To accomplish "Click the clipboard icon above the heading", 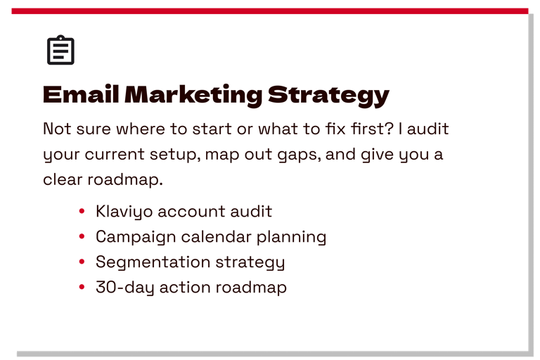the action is point(60,50).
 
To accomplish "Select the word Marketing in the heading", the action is point(193,95).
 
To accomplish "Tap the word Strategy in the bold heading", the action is point(328,96).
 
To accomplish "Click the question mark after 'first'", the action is point(389,129).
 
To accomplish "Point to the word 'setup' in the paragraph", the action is point(175,155).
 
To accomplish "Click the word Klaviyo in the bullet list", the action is point(124,212).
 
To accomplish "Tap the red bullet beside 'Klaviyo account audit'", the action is point(82,211).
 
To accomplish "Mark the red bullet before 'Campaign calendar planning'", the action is point(82,236).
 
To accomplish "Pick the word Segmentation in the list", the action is point(153,262).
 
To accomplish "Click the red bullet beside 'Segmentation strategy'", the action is point(82,262).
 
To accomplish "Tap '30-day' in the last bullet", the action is point(125,288).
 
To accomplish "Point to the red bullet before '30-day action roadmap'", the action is point(82,287).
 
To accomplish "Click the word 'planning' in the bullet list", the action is point(291,238).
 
